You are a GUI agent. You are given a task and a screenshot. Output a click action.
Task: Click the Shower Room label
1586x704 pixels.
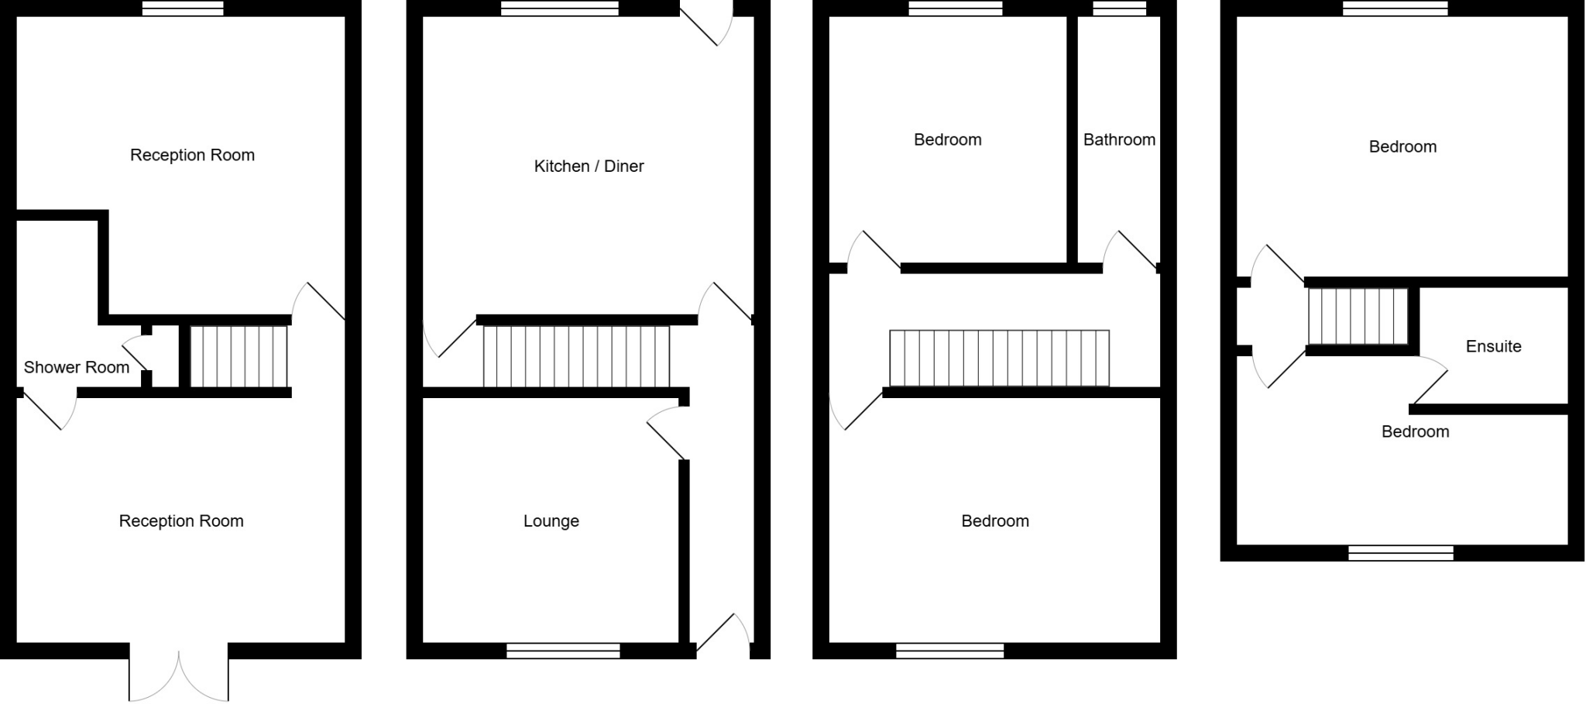point(77,367)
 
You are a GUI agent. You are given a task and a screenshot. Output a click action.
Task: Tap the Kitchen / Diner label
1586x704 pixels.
point(589,166)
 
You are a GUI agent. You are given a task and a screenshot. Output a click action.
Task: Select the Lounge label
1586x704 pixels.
point(551,521)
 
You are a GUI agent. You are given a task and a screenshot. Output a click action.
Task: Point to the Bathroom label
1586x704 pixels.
point(1119,139)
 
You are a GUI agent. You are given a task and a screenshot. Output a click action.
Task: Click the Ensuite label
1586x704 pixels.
point(1493,346)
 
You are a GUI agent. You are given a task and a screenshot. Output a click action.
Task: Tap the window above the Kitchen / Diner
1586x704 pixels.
point(559,9)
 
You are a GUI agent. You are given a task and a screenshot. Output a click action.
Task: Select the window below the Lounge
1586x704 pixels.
point(563,651)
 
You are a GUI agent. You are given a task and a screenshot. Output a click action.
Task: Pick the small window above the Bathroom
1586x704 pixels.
point(1119,9)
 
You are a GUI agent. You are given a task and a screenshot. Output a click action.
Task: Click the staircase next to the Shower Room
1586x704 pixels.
point(239,356)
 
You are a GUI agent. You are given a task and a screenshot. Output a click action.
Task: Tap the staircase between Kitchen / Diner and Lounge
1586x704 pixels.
point(575,356)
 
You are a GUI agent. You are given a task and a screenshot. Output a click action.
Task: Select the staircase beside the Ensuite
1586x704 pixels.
point(1358,316)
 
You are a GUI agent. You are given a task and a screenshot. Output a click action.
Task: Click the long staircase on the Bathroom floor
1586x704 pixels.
point(999,358)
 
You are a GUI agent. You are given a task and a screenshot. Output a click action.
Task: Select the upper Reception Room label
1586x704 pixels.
point(192,155)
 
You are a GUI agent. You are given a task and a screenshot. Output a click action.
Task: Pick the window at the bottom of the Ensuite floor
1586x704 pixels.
point(1400,553)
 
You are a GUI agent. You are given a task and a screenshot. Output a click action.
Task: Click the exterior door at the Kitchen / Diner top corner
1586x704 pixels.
point(706,23)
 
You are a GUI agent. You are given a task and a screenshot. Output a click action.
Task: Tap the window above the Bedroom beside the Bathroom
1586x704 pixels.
point(955,9)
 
